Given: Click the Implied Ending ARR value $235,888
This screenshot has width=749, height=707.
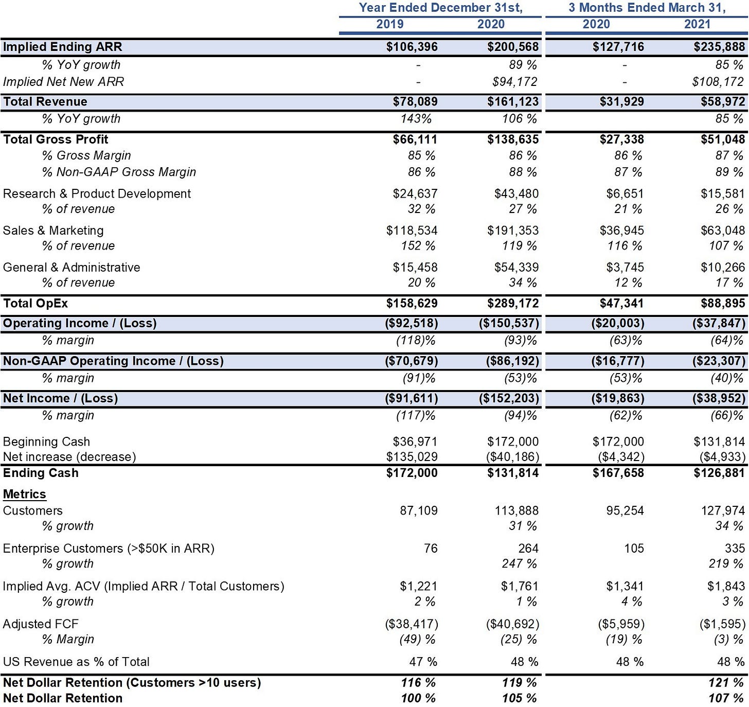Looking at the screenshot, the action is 719,47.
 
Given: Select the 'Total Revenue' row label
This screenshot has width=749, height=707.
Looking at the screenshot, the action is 45,101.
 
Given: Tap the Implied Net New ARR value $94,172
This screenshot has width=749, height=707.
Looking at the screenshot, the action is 515,82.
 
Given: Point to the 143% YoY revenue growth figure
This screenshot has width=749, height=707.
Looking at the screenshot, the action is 416,119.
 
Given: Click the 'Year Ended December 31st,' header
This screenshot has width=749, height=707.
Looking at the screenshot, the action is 440,8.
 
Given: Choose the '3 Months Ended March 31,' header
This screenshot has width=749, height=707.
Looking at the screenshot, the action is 647,8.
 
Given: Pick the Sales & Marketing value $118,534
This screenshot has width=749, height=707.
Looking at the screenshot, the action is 412,231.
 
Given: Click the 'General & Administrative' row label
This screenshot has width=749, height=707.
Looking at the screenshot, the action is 72,268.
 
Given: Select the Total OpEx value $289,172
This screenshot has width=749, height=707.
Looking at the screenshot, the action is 513,303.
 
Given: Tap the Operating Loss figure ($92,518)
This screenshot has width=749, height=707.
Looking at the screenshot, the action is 412,323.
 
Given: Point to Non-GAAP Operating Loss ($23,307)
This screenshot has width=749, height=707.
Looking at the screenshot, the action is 719,361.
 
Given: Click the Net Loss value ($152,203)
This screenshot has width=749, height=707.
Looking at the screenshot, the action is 509,398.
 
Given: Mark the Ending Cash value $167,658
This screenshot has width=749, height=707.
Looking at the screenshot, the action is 618,473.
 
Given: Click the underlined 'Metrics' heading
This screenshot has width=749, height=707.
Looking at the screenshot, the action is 25,494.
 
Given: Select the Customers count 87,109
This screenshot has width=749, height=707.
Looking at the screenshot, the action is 419,511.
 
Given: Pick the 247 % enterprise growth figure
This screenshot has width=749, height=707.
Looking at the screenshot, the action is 519,563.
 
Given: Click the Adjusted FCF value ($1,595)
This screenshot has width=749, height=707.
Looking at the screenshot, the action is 722,624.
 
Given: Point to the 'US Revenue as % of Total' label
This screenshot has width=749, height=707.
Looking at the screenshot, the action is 76,662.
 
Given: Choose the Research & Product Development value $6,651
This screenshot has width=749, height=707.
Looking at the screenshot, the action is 625,194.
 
